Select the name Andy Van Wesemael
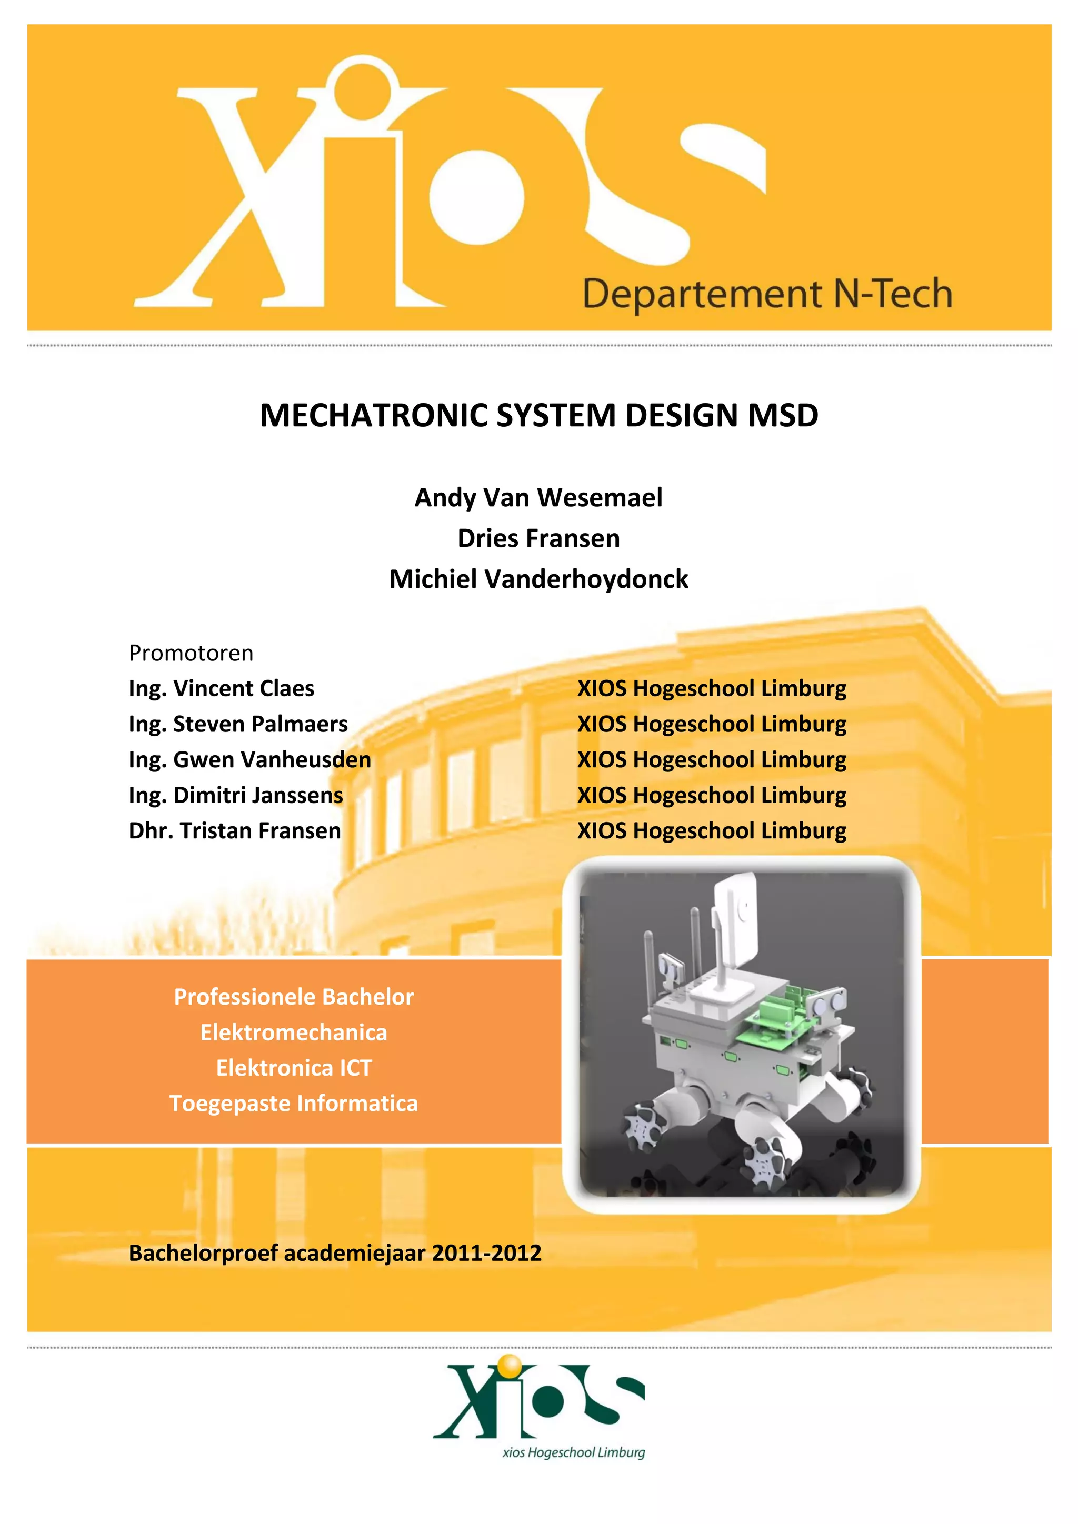click(538, 497)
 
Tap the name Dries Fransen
click(538, 538)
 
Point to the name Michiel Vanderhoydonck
click(538, 579)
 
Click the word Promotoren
click(191, 653)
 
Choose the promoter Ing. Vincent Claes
click(221, 688)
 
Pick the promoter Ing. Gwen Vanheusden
click(249, 759)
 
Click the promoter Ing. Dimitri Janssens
click(236, 795)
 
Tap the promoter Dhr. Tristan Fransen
click(234, 830)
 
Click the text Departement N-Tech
click(767, 294)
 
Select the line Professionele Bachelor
click(293, 997)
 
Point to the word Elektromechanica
click(293, 1033)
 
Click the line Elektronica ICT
click(293, 1068)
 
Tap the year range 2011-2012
click(486, 1253)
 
